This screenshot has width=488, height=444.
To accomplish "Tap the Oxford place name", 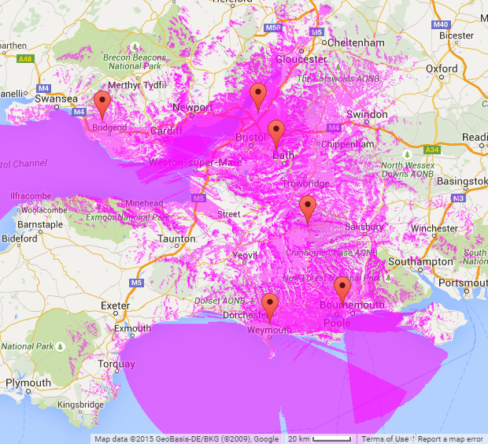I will pos(442,68).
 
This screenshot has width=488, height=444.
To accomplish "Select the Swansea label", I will pos(57,98).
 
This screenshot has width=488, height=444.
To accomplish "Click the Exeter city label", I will pos(115,305).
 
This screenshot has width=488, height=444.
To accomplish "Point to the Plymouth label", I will pos(28,383).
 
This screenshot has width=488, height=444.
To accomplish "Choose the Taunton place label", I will pos(176,238).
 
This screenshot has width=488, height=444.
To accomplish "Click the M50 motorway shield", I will pos(273,28).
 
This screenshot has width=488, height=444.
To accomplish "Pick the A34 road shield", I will pos(430,149).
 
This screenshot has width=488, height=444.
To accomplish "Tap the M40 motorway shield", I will pos(440,24).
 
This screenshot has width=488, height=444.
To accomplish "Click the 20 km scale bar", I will pos(321,438).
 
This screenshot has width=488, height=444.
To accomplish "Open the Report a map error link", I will pos(450,438).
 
